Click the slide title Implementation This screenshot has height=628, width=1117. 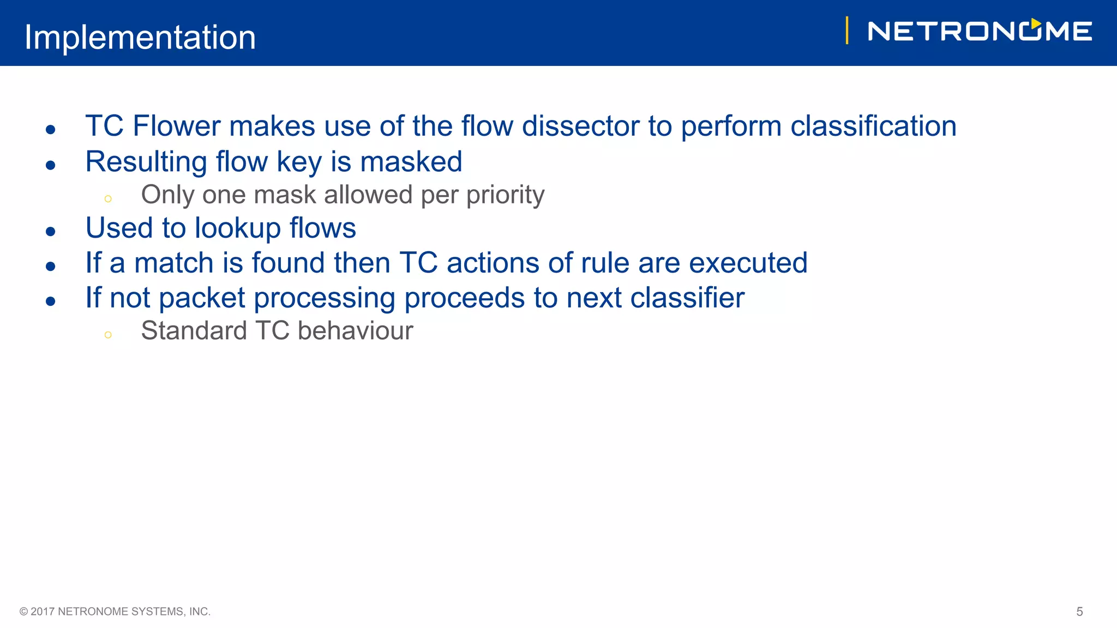(x=140, y=37)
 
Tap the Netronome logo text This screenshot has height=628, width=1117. (x=980, y=31)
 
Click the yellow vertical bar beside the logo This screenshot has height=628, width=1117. (x=846, y=31)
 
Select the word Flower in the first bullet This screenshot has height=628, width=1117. (x=176, y=126)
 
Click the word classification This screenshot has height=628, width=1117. (x=873, y=126)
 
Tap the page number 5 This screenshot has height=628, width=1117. (x=1079, y=612)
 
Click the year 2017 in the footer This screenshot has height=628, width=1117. (x=43, y=612)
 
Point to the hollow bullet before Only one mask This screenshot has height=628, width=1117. (x=108, y=199)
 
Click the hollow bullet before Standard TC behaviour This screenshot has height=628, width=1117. (x=108, y=335)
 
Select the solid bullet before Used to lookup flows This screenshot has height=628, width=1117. (x=51, y=232)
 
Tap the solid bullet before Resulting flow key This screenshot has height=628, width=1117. (x=51, y=165)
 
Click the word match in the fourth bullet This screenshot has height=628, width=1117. (x=173, y=263)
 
